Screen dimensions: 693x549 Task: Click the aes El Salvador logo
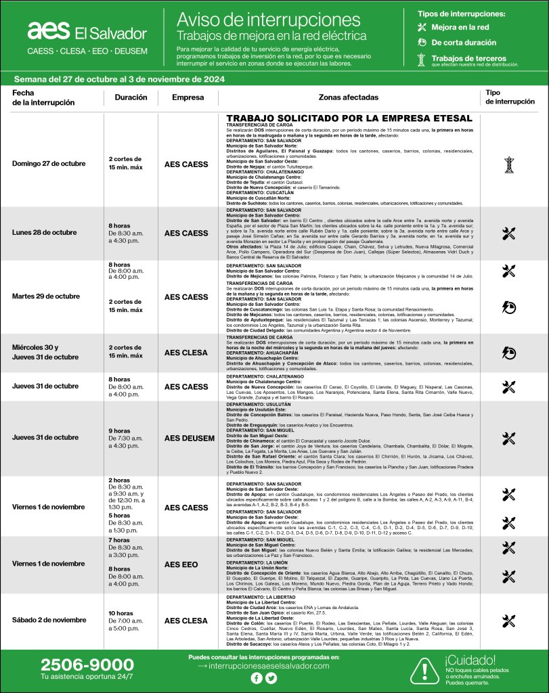(87, 32)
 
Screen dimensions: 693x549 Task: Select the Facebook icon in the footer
(257, 678)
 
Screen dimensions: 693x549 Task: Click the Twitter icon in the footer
(271, 678)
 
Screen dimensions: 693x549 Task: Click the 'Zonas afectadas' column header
(349, 97)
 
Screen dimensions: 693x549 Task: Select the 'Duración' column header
(131, 97)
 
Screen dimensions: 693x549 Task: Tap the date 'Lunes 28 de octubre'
(44, 233)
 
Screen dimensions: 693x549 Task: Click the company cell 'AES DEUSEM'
(190, 438)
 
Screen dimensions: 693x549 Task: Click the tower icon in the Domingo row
(509, 164)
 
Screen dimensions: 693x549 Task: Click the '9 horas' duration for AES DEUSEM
(120, 430)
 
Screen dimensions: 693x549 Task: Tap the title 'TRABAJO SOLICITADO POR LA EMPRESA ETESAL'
(349, 118)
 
